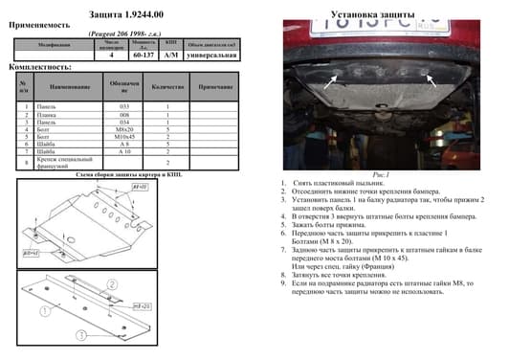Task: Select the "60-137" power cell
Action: (x=144, y=56)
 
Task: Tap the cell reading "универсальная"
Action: (x=210, y=56)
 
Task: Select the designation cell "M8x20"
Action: (x=123, y=127)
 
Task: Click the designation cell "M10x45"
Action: (x=123, y=135)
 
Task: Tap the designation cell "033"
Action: (x=123, y=104)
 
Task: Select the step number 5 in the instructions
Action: (x=284, y=225)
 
